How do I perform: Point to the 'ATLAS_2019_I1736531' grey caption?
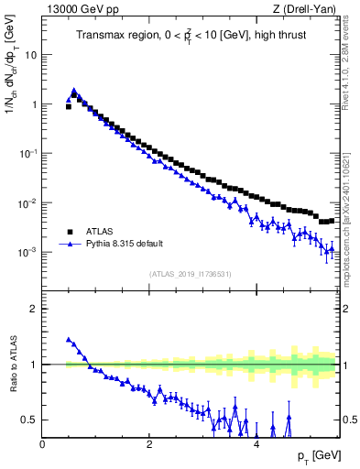(x=190, y=274)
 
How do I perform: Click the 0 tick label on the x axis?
(x=42, y=444)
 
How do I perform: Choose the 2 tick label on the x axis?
(x=149, y=444)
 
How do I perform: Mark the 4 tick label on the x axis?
(x=256, y=444)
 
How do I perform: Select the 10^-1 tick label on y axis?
(x=27, y=153)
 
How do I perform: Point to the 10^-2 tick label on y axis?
(x=27, y=202)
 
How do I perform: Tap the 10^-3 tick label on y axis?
(x=27, y=252)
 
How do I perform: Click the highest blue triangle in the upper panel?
(x=74, y=91)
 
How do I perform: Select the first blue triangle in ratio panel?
(x=69, y=339)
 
